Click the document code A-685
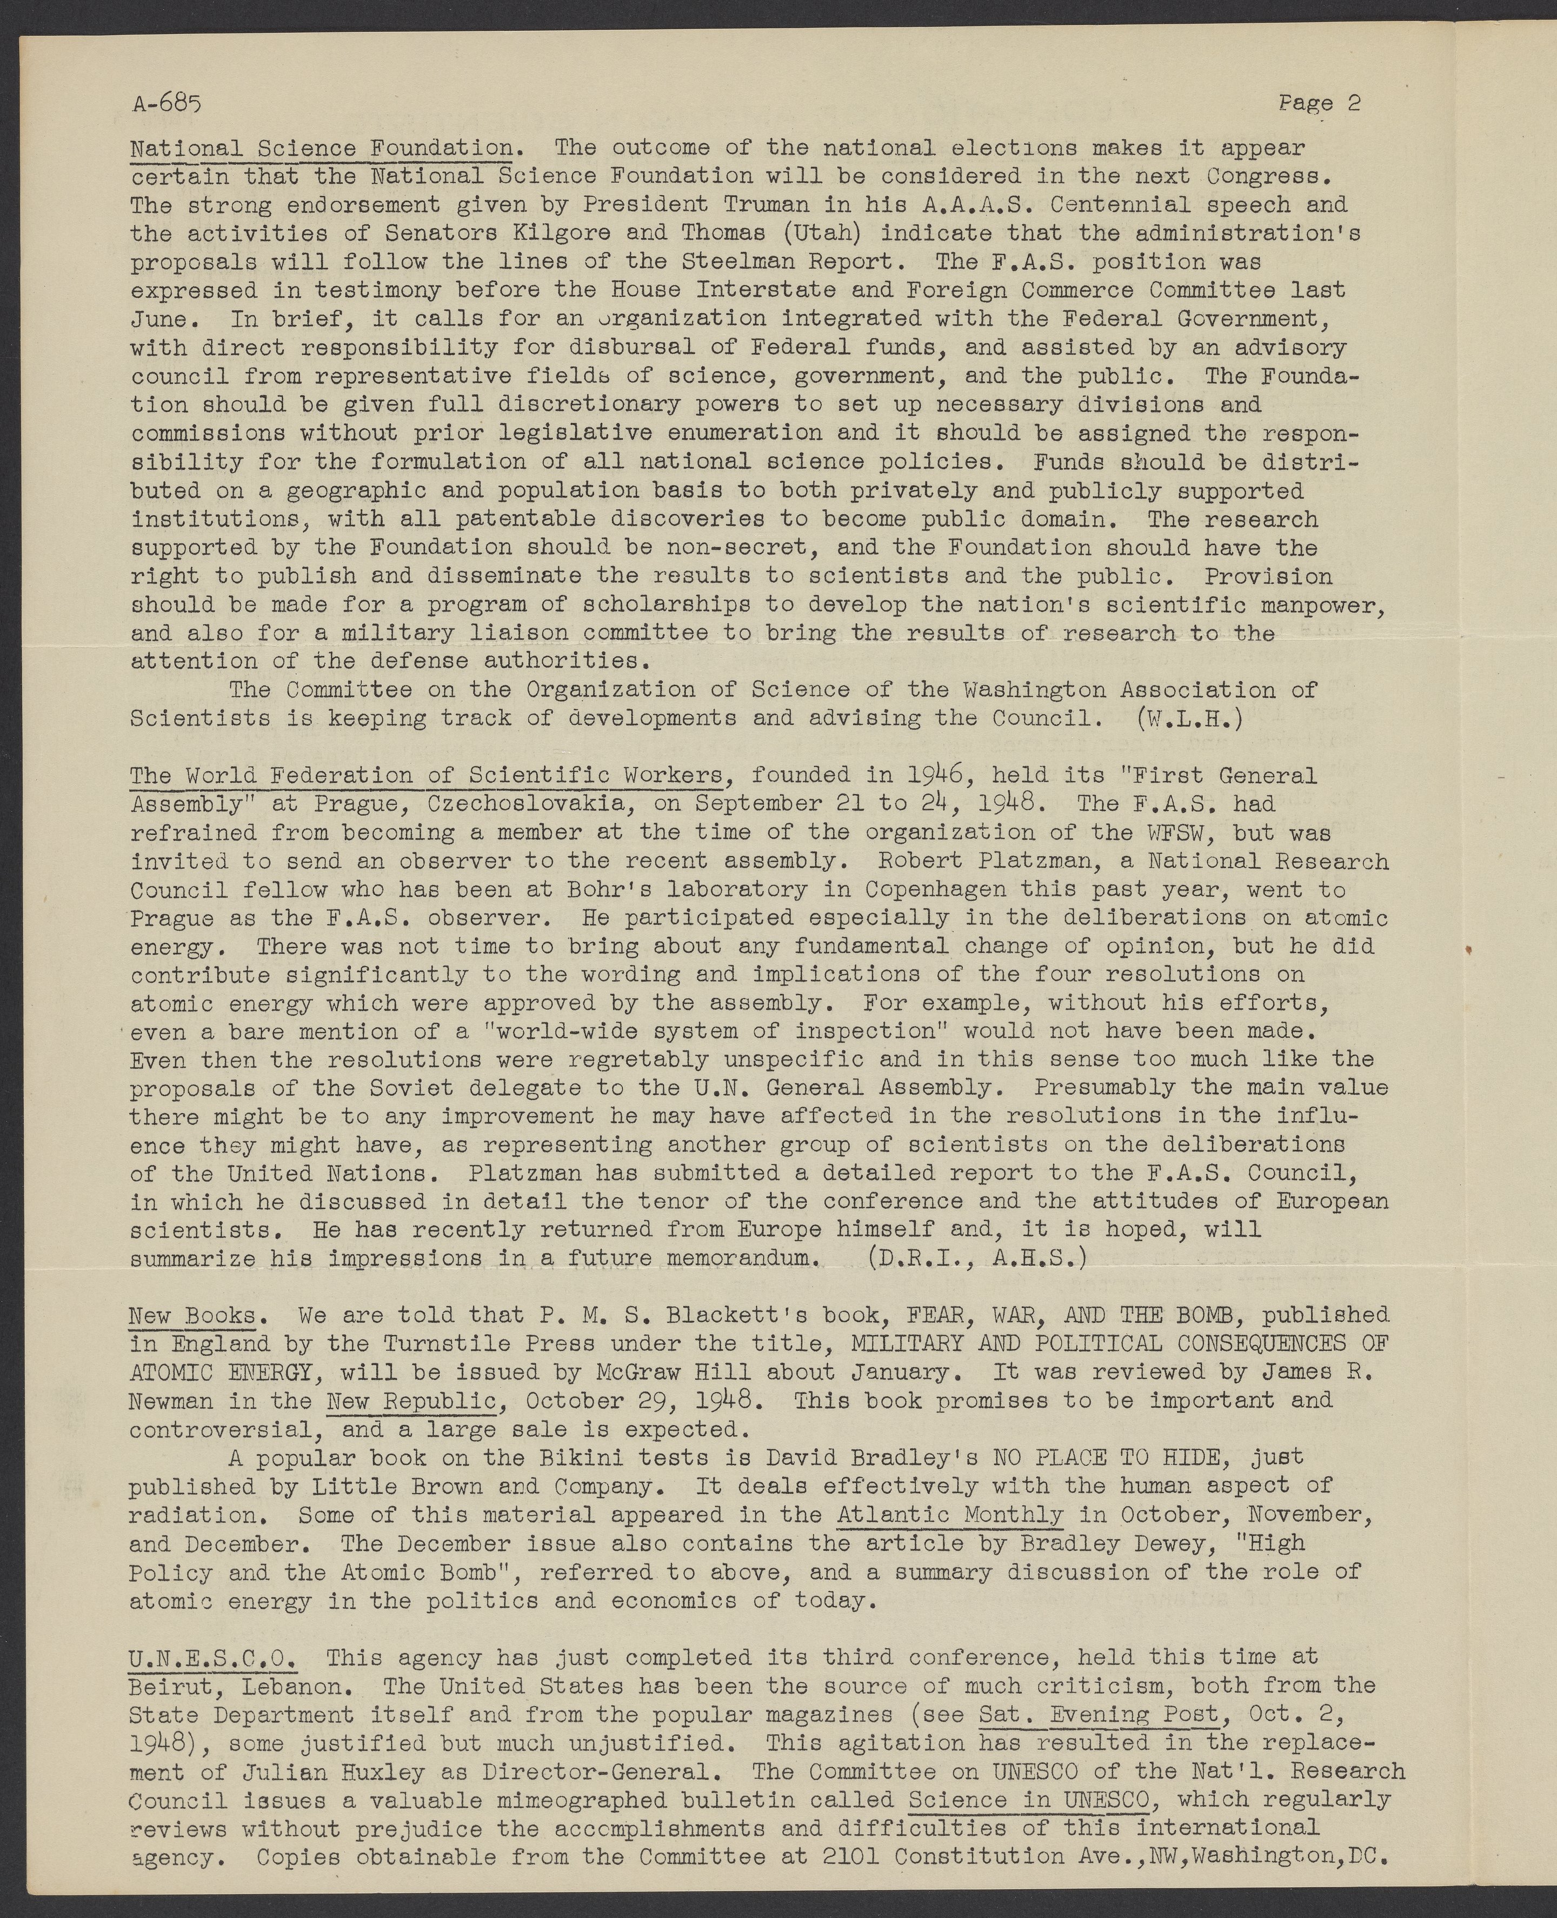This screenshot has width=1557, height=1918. pyautogui.click(x=168, y=104)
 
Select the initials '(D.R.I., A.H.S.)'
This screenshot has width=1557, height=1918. pyautogui.click(x=977, y=1258)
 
